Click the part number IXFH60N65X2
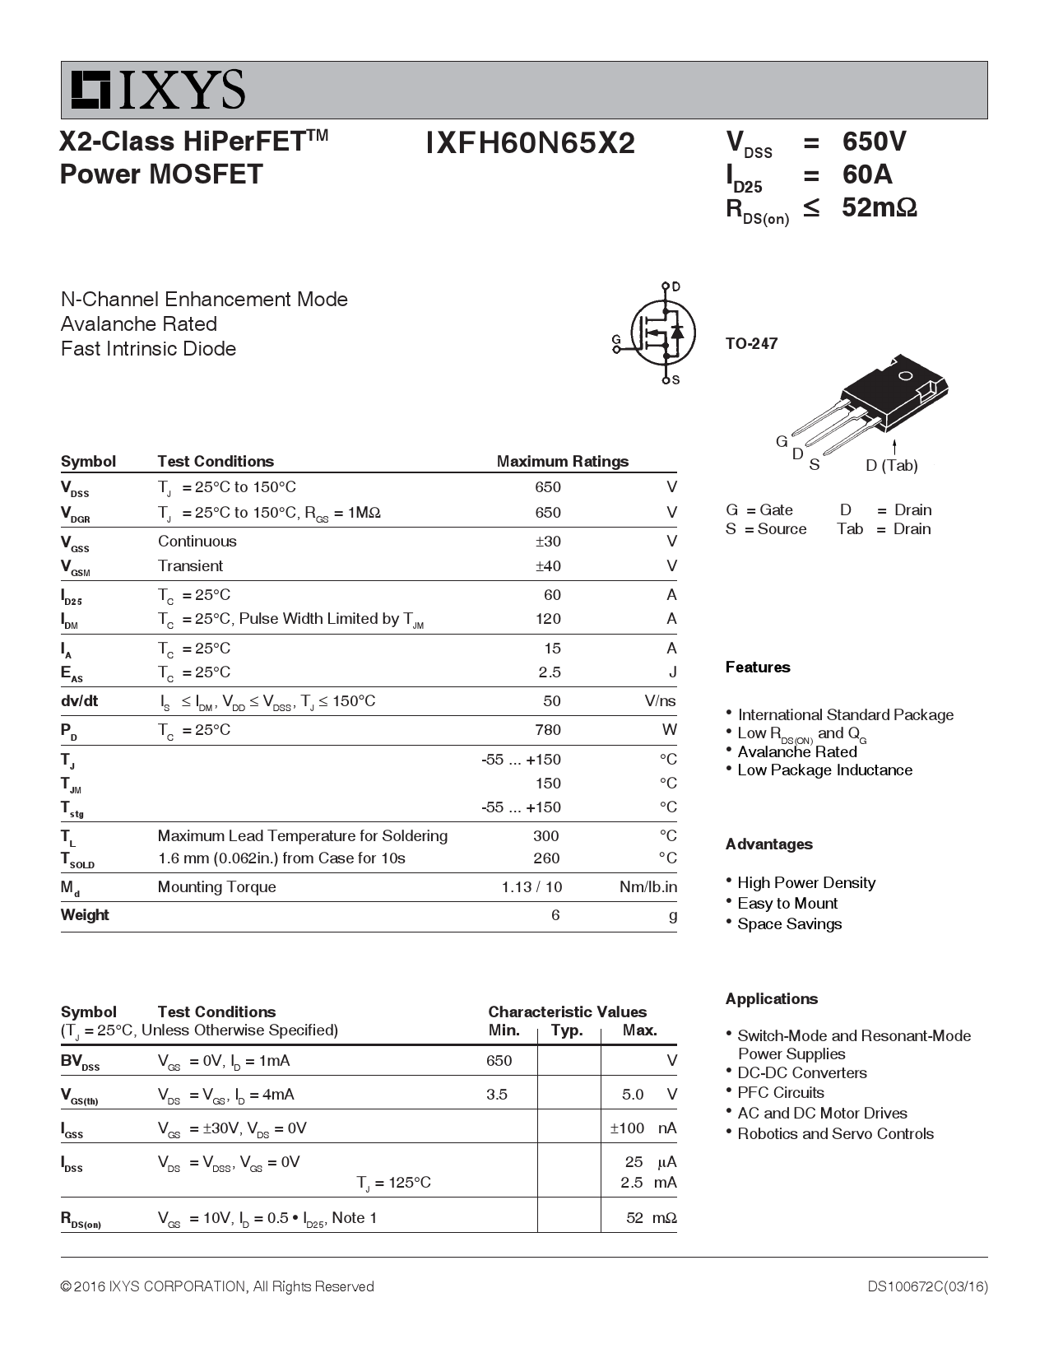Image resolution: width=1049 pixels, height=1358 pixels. [531, 144]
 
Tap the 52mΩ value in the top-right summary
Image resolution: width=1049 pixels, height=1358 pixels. [879, 207]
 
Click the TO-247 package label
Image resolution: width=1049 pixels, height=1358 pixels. [751, 343]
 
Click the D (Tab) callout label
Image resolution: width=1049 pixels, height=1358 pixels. [891, 466]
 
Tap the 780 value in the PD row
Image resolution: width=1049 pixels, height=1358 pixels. [547, 730]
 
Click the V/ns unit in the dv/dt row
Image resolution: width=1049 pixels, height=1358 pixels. [660, 701]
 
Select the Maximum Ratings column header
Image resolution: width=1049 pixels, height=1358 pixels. [562, 462]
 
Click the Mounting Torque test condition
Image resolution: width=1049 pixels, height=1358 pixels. [216, 887]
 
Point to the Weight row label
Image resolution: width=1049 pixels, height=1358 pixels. [85, 915]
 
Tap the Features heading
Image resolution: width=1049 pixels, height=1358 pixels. [757, 667]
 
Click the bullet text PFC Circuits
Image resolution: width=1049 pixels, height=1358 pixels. [781, 1093]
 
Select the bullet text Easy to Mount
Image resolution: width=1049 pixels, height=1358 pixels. [787, 904]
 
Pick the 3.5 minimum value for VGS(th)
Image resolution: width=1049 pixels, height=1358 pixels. [497, 1095]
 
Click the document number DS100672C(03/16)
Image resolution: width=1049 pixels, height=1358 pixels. [927, 1286]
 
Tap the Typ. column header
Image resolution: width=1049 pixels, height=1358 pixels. [566, 1030]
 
